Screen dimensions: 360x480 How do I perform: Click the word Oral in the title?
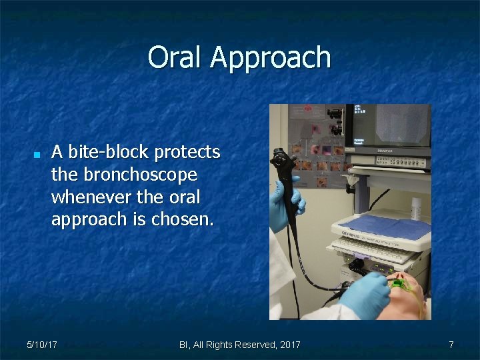click(x=175, y=57)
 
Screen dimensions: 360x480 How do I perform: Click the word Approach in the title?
click(x=270, y=59)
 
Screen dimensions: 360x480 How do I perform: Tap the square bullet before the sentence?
click(x=37, y=154)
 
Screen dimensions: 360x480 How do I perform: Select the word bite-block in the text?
click(x=109, y=152)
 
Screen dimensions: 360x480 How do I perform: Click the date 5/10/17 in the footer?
click(x=41, y=345)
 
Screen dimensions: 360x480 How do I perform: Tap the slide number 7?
click(x=451, y=345)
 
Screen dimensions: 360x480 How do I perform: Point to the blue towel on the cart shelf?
click(x=385, y=228)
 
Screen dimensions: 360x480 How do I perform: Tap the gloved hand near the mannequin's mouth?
click(x=365, y=293)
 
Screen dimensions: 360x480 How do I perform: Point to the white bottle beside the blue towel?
click(x=417, y=207)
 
